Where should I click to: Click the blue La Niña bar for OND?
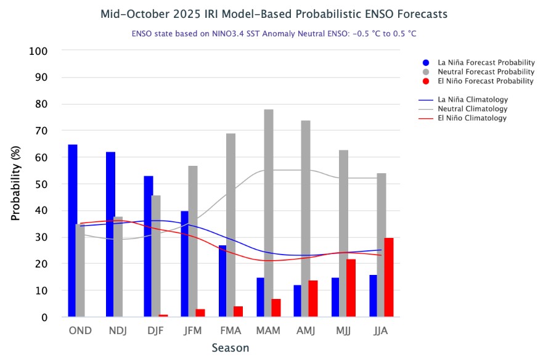73,231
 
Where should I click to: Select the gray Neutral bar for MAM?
269,213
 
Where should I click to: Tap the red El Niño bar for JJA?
389,277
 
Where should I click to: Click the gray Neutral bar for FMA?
231,225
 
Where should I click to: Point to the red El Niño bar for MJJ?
351,288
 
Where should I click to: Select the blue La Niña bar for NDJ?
110,234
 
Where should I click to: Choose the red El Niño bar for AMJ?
313,298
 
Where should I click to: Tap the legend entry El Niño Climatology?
472,118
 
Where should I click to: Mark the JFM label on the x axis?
193,330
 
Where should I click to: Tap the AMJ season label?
306,330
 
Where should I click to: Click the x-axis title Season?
231,348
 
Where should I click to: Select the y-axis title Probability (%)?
16,184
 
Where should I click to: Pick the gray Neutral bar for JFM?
193,241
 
